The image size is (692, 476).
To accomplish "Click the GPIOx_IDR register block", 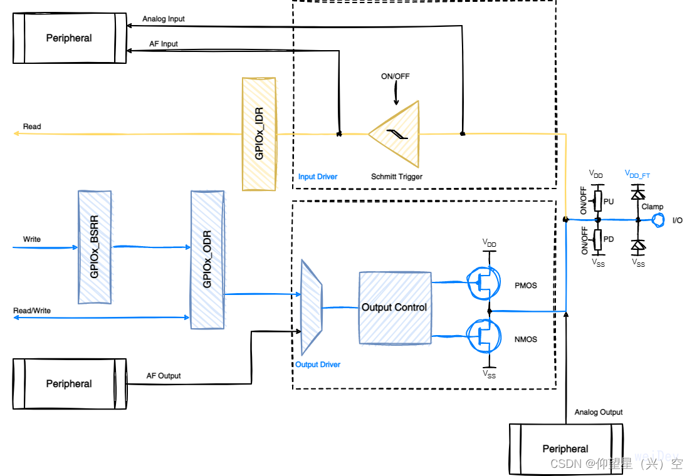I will tap(259, 133).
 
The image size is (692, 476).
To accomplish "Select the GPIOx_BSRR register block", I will tap(95, 247).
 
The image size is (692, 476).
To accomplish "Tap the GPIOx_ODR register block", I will tap(207, 259).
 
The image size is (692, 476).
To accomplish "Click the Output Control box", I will tap(395, 308).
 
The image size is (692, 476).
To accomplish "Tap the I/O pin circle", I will tap(658, 220).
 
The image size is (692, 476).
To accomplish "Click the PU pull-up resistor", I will tap(598, 200).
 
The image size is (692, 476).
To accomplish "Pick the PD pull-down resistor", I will tap(598, 239).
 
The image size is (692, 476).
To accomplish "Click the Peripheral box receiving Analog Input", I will tap(69, 38).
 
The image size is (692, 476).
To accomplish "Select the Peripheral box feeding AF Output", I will tap(69, 383).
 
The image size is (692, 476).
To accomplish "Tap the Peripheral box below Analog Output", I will tap(565, 448).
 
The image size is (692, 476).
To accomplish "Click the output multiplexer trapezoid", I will tap(312, 307).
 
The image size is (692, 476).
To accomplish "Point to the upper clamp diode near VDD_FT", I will tap(638, 194).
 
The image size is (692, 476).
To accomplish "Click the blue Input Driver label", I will tap(318, 177).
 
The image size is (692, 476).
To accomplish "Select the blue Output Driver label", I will tap(318, 365).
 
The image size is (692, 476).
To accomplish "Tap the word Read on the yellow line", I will tap(32, 127).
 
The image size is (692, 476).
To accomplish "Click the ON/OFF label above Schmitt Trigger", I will tap(396, 77).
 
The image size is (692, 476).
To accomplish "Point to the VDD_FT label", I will tap(637, 174).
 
